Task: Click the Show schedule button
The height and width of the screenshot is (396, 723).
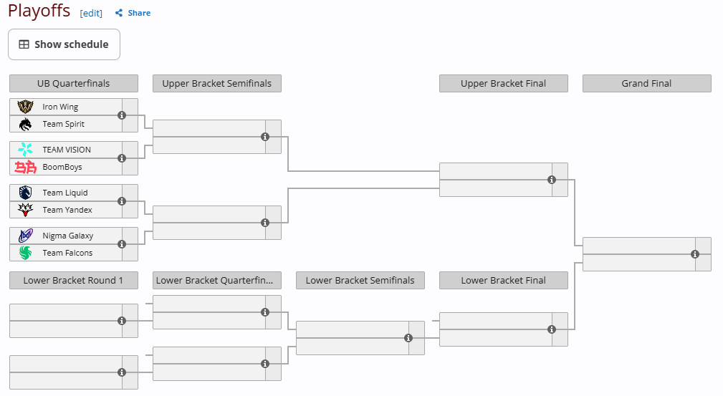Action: (64, 44)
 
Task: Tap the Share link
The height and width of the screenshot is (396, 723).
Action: (133, 13)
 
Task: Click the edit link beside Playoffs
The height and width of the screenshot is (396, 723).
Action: (91, 13)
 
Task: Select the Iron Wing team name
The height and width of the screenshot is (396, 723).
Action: (60, 107)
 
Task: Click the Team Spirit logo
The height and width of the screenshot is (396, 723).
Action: (25, 124)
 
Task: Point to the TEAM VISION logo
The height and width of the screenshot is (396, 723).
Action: (25, 150)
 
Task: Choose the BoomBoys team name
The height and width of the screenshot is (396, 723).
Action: (62, 167)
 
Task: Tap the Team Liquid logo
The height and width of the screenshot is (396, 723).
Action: (25, 193)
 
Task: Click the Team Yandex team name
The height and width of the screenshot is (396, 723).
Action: (67, 210)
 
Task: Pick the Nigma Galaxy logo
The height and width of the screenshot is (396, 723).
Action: (25, 236)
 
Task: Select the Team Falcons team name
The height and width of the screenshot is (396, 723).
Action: (67, 253)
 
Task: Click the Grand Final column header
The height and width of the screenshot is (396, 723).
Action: (647, 84)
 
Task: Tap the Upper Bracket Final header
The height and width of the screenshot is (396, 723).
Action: (504, 84)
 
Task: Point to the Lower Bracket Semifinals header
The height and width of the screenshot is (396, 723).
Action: (360, 280)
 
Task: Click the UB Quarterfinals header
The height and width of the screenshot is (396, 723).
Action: (74, 84)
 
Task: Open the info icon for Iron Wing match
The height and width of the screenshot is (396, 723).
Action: (122, 115)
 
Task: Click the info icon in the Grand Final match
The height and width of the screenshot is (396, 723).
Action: (695, 254)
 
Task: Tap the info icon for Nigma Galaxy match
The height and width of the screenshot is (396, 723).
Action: (122, 244)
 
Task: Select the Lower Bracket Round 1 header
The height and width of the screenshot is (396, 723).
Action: (74, 280)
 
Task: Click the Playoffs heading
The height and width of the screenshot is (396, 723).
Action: (39, 11)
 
